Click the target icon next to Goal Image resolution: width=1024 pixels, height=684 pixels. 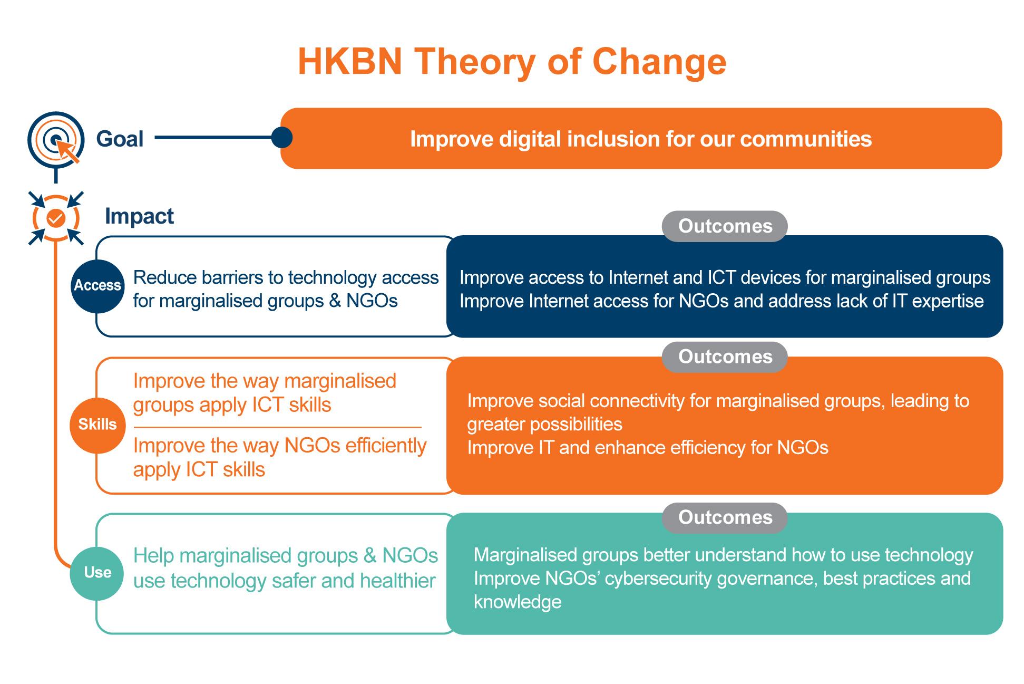[56, 139]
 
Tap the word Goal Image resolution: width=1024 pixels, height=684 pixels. [120, 139]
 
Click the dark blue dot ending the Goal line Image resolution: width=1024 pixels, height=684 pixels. [282, 138]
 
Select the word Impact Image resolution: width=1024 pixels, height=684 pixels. [139, 216]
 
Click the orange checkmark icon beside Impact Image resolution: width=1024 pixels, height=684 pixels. [56, 218]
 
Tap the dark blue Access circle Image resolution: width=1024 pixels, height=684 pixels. [97, 286]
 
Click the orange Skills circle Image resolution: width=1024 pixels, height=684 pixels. [97, 425]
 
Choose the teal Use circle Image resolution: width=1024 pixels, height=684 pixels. [97, 573]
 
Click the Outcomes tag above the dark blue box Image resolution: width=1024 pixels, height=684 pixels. [725, 226]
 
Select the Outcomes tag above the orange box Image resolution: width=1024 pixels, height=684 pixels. [725, 357]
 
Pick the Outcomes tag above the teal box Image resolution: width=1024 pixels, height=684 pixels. [725, 517]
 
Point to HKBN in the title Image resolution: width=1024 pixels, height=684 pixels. [350, 62]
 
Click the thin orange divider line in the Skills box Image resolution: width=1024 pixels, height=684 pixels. [277, 427]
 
